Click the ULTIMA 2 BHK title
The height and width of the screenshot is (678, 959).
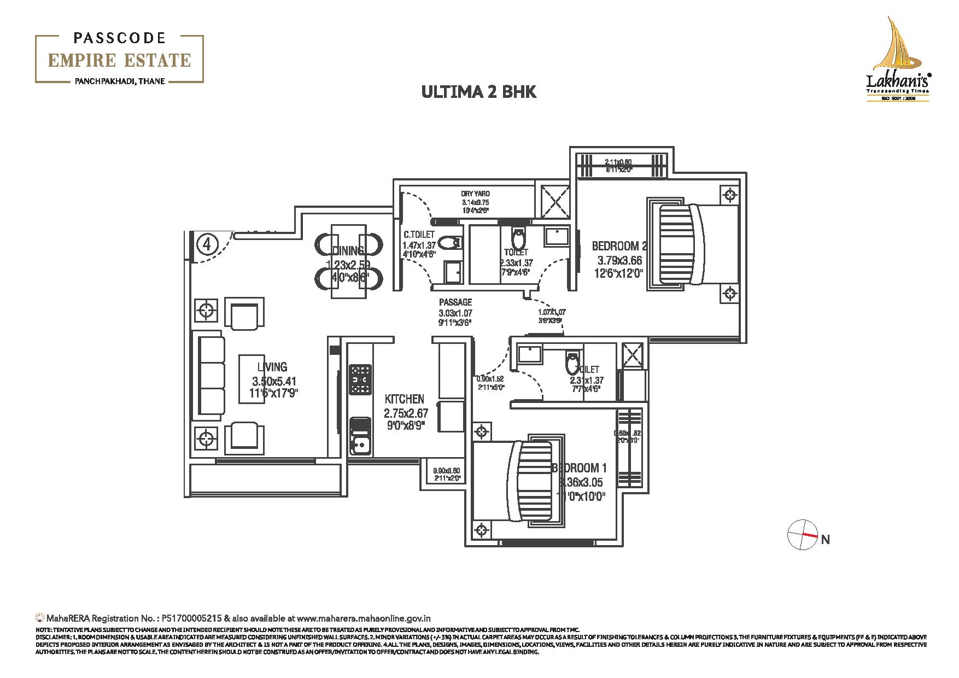tap(478, 91)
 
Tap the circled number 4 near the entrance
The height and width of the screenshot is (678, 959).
tap(207, 244)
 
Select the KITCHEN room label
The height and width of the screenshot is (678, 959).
tap(404, 399)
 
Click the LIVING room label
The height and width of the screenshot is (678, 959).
tap(272, 367)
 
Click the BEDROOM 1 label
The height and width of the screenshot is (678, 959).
tap(579, 468)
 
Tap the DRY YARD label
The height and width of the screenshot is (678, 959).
tap(475, 194)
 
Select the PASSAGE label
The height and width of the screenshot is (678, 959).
tap(455, 302)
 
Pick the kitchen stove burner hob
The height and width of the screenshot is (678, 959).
tap(360, 379)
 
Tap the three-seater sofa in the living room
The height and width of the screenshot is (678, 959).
tap(212, 378)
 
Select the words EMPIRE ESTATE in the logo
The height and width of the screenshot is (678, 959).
tap(119, 60)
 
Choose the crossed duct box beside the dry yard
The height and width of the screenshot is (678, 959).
tap(554, 203)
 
